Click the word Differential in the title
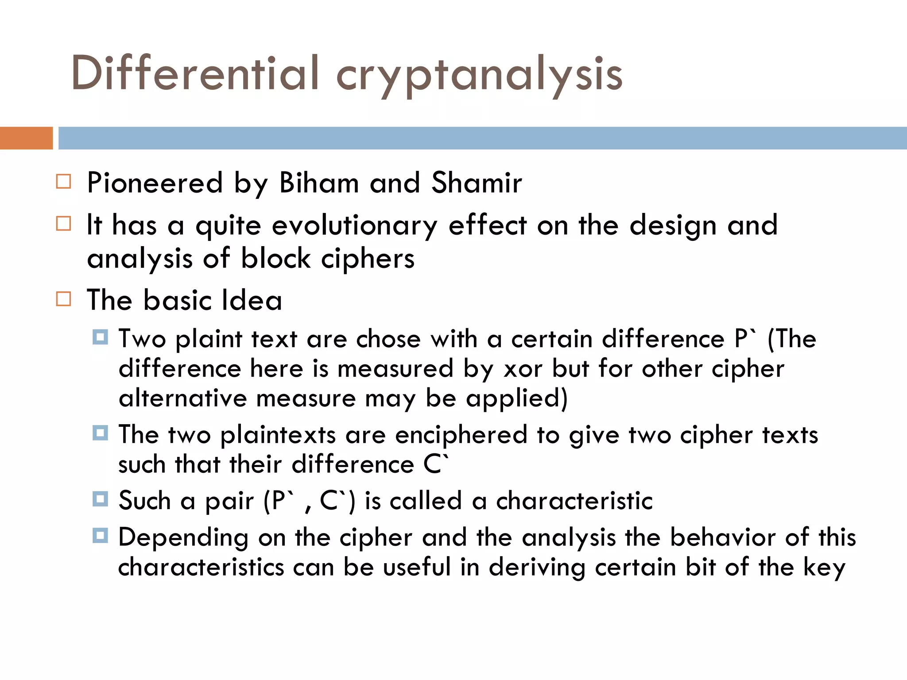(195, 73)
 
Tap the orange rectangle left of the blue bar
(26, 138)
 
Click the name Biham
(319, 182)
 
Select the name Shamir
(477, 182)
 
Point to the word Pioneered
(155, 182)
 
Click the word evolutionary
(354, 226)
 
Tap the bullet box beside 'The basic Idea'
(64, 299)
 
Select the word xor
(523, 369)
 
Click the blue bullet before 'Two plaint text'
(101, 337)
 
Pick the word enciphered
(461, 435)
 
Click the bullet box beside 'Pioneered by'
(64, 182)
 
